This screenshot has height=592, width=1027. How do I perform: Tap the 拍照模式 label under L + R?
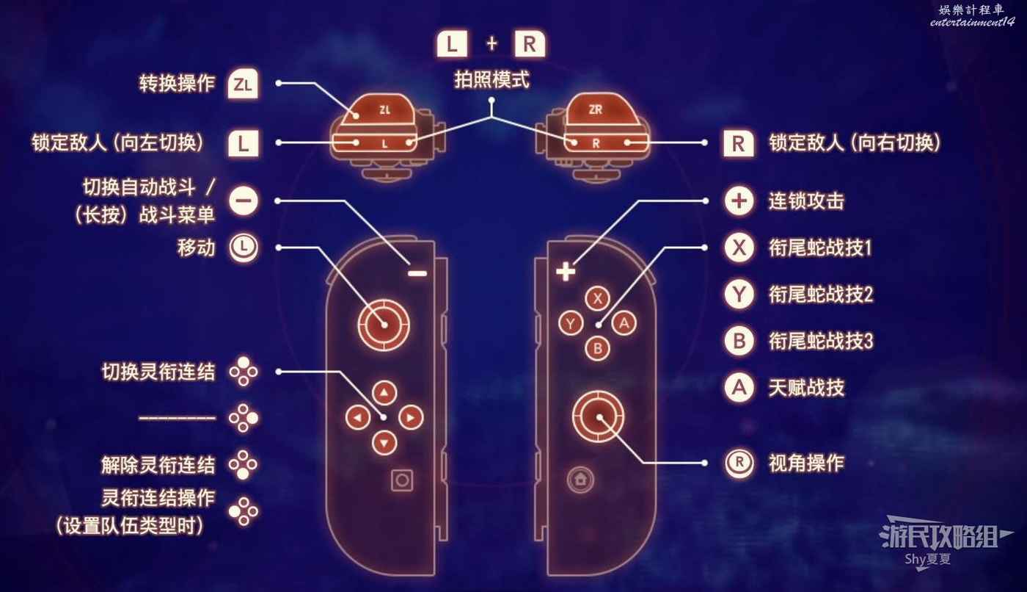491,80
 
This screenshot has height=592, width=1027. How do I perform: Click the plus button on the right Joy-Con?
565,272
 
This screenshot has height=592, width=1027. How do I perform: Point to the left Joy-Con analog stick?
384,324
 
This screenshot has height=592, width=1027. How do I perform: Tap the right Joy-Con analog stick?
599,416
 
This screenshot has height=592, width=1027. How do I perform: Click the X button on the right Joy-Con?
599,298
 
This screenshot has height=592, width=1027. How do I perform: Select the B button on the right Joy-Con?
599,347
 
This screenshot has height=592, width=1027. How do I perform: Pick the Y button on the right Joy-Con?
571,323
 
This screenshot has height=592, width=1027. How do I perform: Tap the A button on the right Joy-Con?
624,322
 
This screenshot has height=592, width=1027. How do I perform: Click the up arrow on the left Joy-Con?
384,392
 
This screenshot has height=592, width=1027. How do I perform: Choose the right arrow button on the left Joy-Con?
411,418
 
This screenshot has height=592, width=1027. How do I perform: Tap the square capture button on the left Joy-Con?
402,480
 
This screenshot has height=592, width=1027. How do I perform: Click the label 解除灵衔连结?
158,464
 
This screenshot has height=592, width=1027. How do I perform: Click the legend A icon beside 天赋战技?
739,387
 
